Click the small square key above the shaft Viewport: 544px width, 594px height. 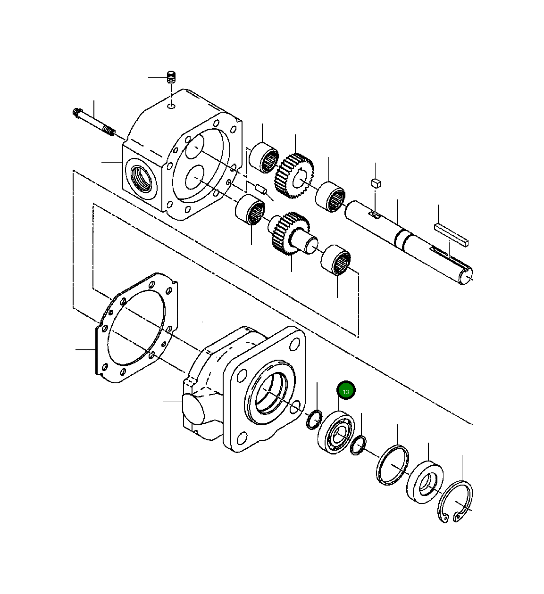376,183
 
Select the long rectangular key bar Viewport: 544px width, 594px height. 452,234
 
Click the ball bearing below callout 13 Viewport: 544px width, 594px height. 336,432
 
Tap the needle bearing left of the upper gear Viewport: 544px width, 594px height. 264,157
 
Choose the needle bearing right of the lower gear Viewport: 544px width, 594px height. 336,260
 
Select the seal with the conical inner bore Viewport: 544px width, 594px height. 425,482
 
